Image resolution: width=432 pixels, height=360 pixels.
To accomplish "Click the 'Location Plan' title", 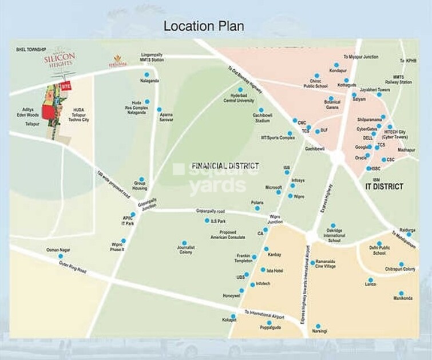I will [204, 26].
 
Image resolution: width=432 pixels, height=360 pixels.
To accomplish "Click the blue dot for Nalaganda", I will [146, 74].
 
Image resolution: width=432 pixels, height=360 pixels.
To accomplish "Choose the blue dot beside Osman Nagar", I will [61, 256].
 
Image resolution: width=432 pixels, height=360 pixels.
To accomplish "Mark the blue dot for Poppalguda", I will [269, 323].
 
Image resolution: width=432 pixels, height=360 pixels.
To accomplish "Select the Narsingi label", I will [319, 331].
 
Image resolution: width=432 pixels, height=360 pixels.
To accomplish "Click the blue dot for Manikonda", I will [401, 293].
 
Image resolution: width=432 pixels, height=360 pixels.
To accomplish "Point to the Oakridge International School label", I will [335, 236].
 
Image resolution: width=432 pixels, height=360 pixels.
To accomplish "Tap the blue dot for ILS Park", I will [207, 220].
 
